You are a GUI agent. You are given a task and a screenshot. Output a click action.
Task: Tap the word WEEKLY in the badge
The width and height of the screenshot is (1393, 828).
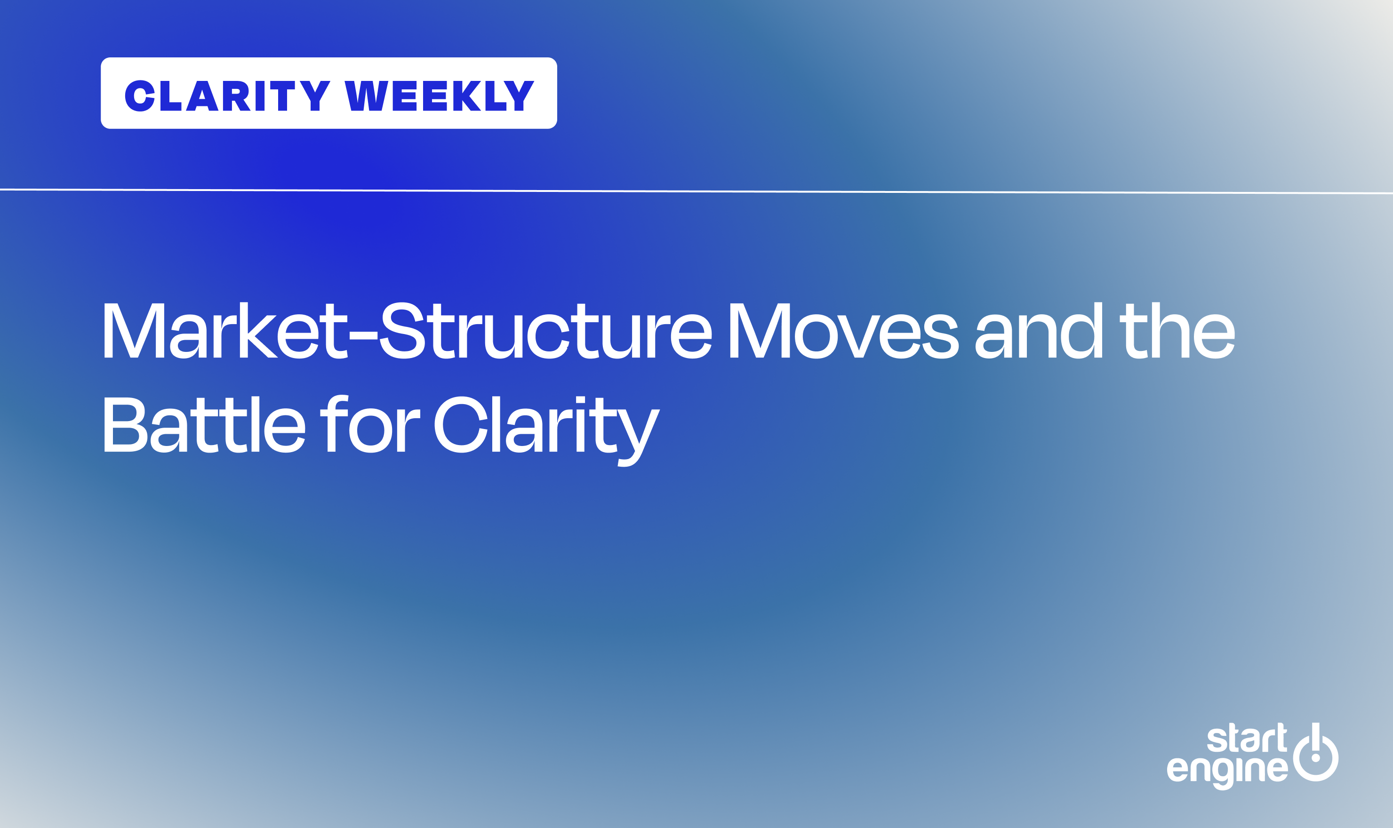(x=439, y=96)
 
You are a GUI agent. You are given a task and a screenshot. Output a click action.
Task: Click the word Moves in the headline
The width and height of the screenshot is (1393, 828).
(x=843, y=330)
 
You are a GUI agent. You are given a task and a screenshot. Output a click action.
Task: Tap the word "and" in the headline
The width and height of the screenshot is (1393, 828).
(x=1039, y=330)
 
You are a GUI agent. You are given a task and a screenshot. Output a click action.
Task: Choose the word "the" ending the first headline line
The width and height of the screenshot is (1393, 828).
(x=1177, y=330)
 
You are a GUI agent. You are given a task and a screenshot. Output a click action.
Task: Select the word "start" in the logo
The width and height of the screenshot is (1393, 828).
(x=1247, y=738)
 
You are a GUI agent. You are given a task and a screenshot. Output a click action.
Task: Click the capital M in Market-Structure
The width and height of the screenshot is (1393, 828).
(x=134, y=330)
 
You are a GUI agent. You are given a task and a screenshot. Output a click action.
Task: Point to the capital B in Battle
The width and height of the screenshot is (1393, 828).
(x=125, y=425)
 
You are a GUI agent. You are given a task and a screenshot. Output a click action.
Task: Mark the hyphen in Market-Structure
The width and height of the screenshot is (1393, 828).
(x=363, y=336)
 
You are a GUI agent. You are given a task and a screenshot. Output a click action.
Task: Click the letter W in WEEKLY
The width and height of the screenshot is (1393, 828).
(x=366, y=96)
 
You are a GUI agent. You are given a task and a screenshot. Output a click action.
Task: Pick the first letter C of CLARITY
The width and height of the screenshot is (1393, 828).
(x=139, y=96)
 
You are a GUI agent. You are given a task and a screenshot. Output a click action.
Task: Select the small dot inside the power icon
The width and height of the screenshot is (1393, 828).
(x=1315, y=758)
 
